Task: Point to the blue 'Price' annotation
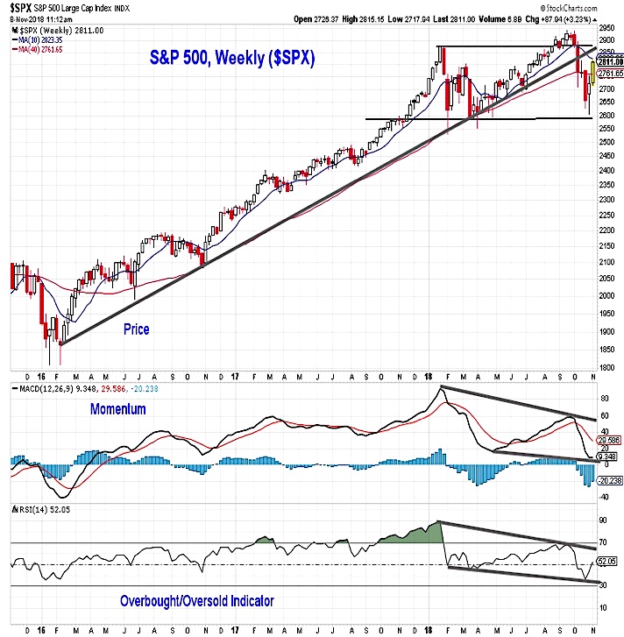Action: (x=136, y=329)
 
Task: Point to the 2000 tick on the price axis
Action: (x=607, y=294)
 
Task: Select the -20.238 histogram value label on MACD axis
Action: (x=607, y=480)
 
